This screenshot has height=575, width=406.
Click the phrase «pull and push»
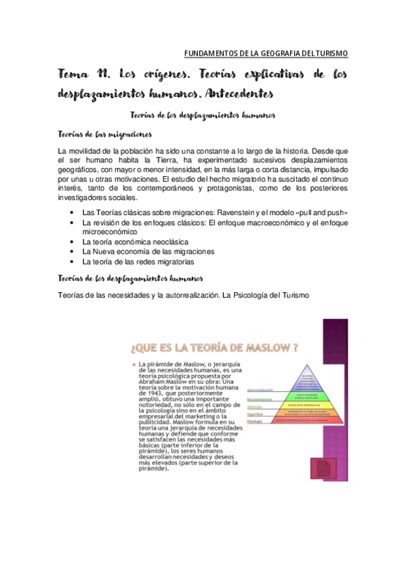coord(321,213)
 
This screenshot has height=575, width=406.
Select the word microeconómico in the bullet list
coord(111,232)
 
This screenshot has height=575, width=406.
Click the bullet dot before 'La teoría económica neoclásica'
coord(73,242)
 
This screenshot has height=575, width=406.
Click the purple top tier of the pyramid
coord(308,380)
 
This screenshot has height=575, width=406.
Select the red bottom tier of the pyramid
coord(308,421)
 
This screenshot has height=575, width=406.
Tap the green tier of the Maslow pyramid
coord(308,398)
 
